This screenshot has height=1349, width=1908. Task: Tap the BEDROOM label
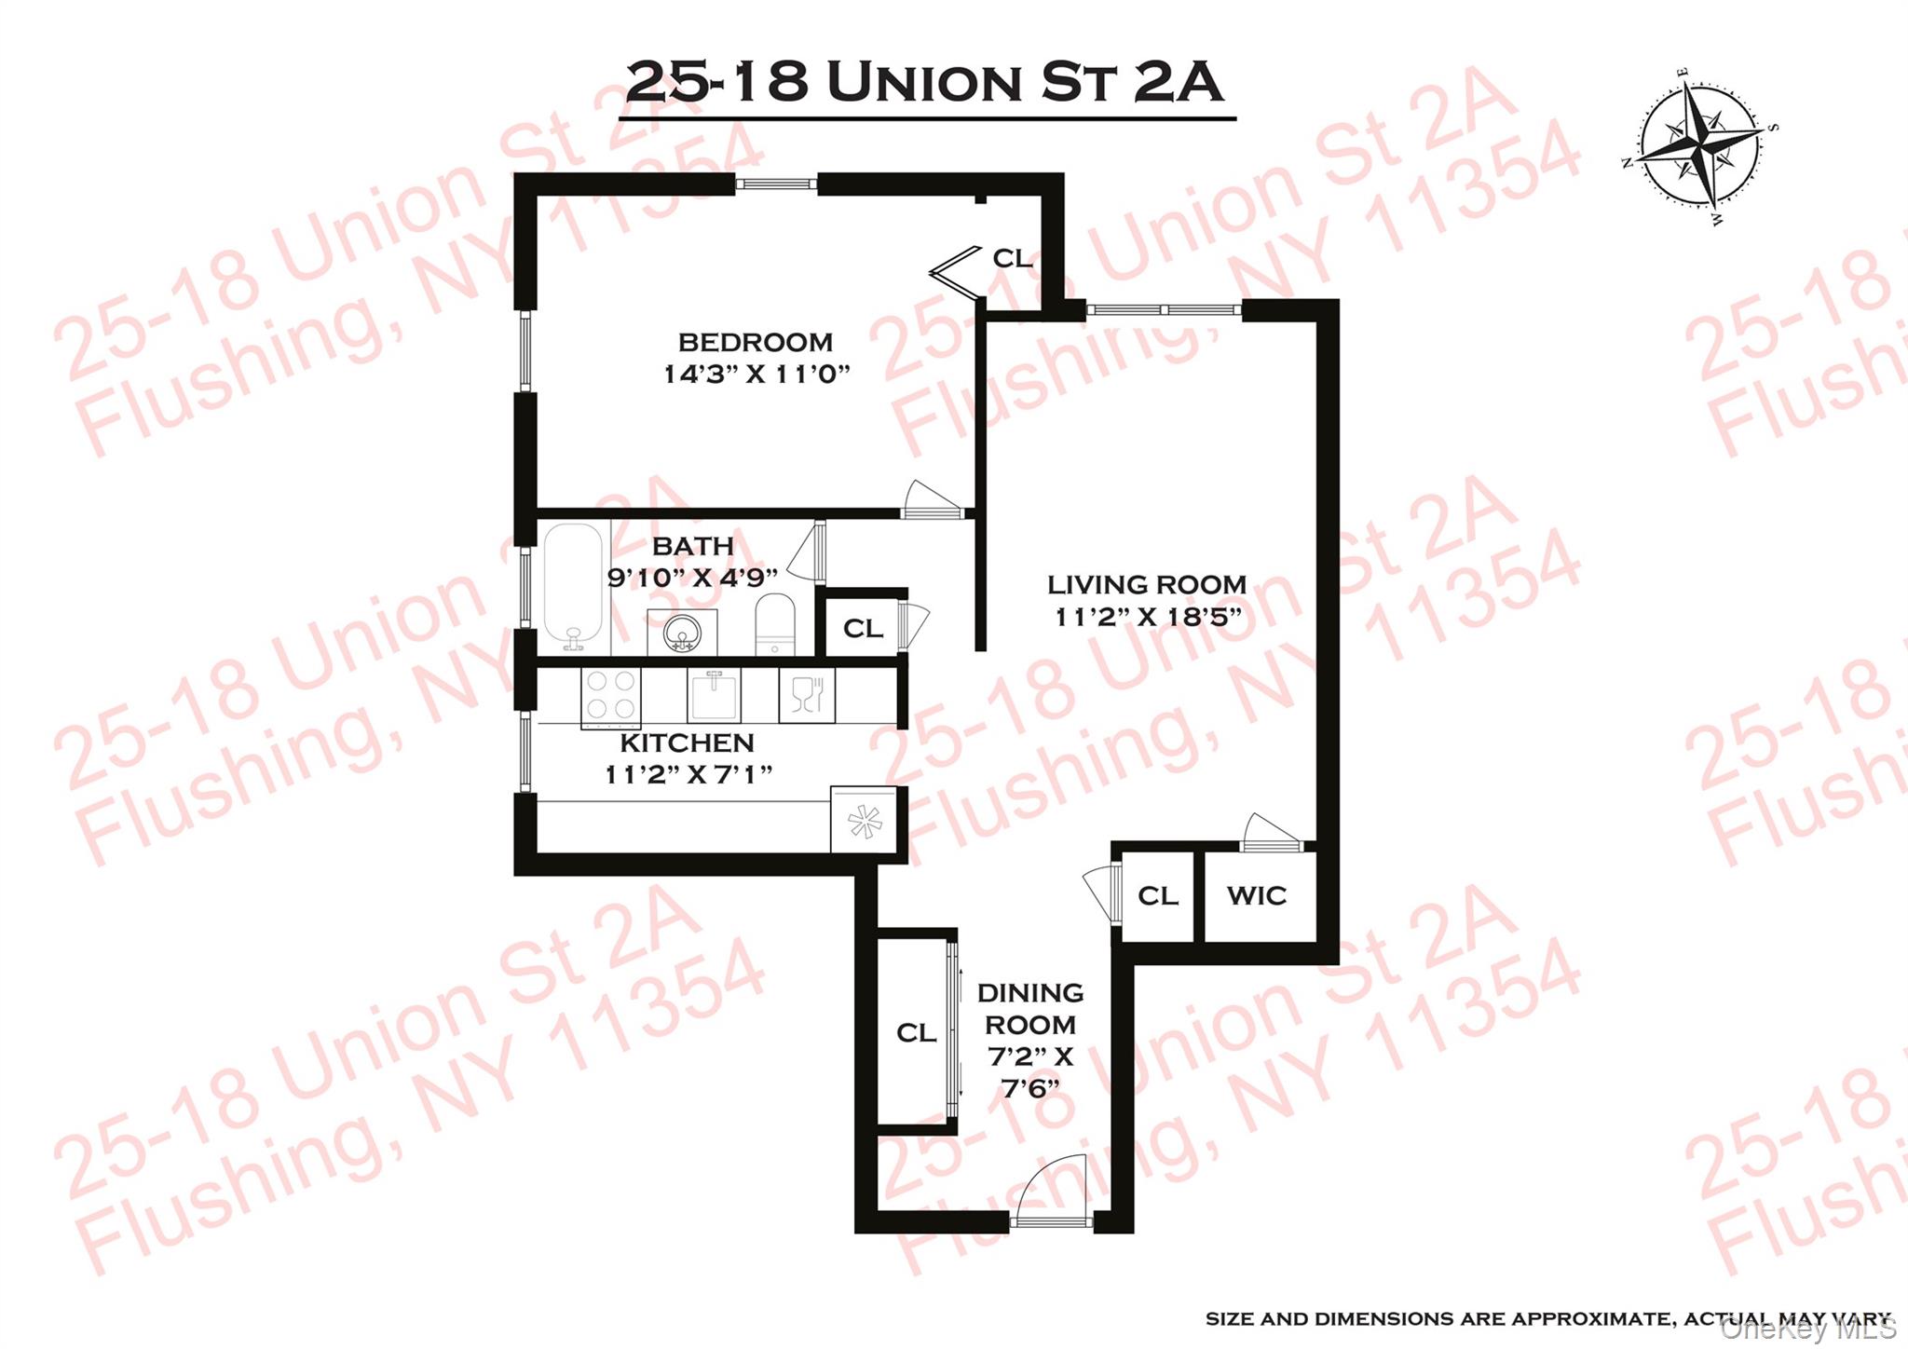[x=755, y=342]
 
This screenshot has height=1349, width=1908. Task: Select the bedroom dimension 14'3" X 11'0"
[x=756, y=375]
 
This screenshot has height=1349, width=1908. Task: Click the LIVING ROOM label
[x=1147, y=585]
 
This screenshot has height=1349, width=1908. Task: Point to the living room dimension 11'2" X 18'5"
[x=1148, y=617]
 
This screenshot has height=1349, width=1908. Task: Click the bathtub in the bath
[x=573, y=587]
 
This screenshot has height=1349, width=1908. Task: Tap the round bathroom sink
[x=682, y=634]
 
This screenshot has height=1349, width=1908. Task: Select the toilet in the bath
[x=774, y=625]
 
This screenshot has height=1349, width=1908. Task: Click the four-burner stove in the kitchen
[x=611, y=696]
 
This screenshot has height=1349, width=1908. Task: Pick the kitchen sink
[x=714, y=695]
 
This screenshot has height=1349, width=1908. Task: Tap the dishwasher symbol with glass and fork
[x=807, y=695]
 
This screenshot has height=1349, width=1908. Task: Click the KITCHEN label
[x=687, y=743]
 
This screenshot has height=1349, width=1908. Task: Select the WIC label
[x=1257, y=896]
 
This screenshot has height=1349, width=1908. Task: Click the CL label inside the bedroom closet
[x=1012, y=258]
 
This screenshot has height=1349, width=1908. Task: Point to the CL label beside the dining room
[x=916, y=1033]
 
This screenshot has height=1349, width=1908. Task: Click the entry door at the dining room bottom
[x=1053, y=1202]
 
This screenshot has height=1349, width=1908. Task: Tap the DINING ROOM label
[x=1030, y=1009]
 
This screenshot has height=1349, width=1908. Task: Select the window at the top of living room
[x=1164, y=310]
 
